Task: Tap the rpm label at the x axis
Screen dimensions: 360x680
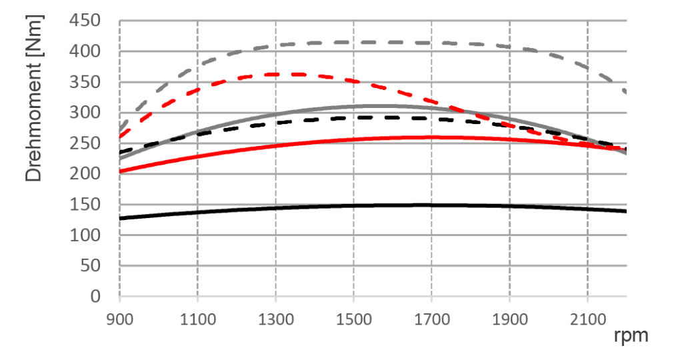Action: [631, 335]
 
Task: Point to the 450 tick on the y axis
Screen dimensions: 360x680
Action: [86, 21]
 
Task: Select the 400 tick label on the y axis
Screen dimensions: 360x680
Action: [86, 52]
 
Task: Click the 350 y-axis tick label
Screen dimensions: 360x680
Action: [86, 83]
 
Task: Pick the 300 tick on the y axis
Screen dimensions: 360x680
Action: [86, 113]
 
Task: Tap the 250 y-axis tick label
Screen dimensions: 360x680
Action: [86, 144]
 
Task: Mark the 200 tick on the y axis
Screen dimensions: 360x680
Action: [86, 175]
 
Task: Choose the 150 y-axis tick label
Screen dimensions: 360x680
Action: [86, 205]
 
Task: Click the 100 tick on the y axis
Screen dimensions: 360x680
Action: [86, 236]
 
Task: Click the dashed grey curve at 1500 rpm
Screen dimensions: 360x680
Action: [354, 42]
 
